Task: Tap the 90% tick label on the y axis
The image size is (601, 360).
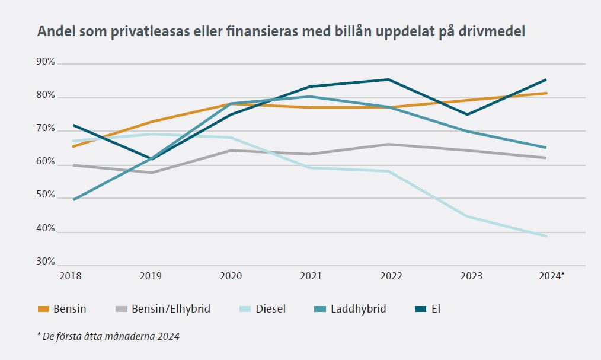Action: click(x=46, y=62)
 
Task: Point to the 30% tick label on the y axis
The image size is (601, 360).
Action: click(x=46, y=262)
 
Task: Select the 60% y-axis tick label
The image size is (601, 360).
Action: click(x=46, y=162)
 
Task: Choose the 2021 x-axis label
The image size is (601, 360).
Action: click(x=311, y=276)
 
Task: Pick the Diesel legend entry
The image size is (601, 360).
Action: click(x=271, y=309)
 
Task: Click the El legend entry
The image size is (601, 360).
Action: click(x=436, y=309)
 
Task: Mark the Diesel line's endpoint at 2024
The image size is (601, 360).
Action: click(x=546, y=236)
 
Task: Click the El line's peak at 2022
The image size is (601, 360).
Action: click(x=388, y=79)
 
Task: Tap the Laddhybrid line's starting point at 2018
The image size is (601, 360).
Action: click(x=74, y=200)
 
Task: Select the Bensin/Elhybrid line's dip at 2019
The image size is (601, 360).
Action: click(x=153, y=173)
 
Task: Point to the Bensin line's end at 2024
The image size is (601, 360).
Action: click(x=546, y=93)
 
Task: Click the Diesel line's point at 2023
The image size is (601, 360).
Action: click(x=468, y=216)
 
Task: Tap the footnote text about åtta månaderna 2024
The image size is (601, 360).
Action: click(x=108, y=336)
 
